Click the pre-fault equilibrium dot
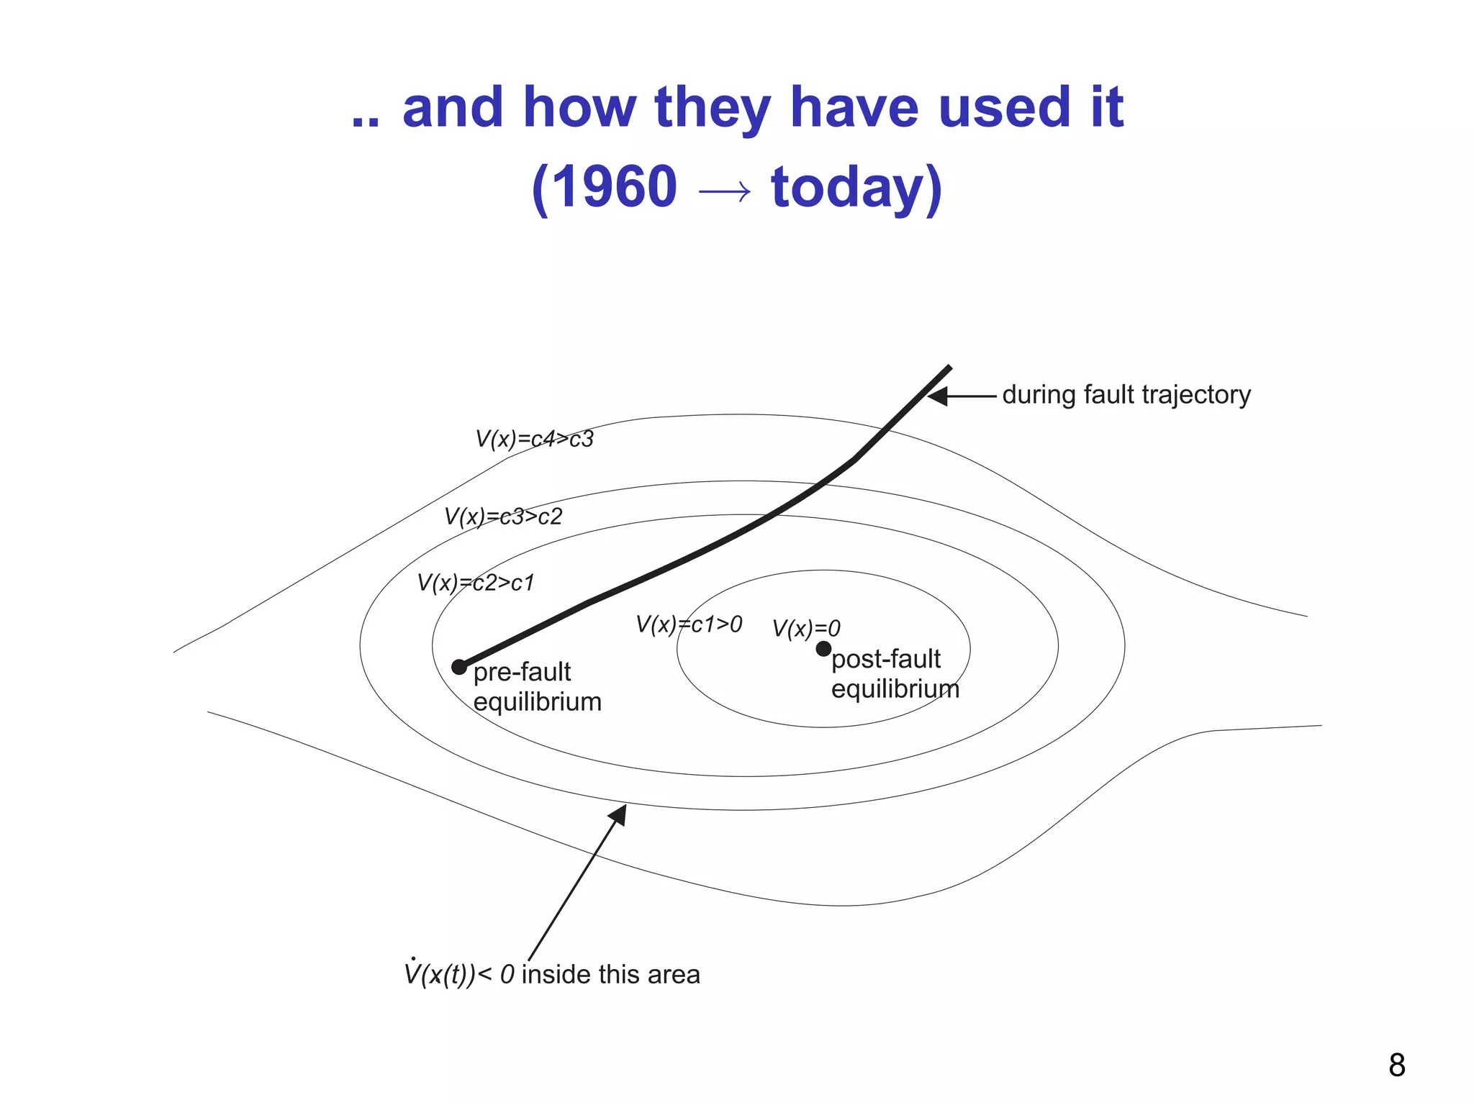click(x=459, y=667)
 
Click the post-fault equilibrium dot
click(x=823, y=649)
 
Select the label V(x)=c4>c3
click(x=534, y=439)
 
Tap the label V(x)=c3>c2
click(x=503, y=517)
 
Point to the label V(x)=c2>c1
click(x=476, y=583)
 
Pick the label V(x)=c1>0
click(x=689, y=624)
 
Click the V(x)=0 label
click(x=806, y=629)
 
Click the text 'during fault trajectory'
click(x=1126, y=395)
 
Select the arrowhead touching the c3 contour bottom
click(x=618, y=814)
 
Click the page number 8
click(x=1396, y=1065)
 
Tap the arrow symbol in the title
click(x=724, y=191)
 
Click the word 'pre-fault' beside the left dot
click(x=522, y=672)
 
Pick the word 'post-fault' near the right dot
click(x=886, y=659)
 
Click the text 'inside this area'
click(x=610, y=975)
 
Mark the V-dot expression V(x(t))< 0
click(x=459, y=975)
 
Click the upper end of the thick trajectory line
click(x=949, y=368)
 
